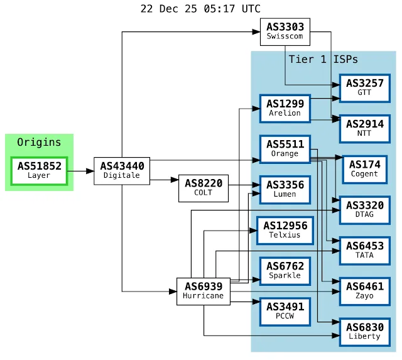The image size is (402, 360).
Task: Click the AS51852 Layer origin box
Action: click(x=39, y=171)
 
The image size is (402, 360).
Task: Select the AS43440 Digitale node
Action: click(x=122, y=170)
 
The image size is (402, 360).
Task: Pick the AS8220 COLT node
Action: click(x=203, y=187)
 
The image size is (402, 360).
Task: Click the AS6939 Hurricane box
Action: click(x=203, y=291)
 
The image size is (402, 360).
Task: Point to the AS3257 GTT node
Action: click(x=364, y=88)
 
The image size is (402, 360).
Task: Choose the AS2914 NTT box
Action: click(x=364, y=129)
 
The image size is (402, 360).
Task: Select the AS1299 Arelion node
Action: click(x=285, y=108)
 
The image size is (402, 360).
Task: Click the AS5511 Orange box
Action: click(x=285, y=149)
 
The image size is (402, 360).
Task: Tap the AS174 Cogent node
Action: click(x=364, y=169)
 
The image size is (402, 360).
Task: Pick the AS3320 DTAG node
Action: click(x=364, y=210)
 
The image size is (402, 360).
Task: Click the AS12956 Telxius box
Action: click(x=285, y=230)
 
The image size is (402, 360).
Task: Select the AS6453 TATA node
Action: click(x=364, y=251)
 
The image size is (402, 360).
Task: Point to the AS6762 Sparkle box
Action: click(x=285, y=271)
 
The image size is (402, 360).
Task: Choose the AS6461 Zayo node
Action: click(x=364, y=291)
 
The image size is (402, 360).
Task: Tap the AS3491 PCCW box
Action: click(x=285, y=311)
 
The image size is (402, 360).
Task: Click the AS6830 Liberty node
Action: click(x=364, y=332)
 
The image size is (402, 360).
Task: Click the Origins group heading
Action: click(x=39, y=142)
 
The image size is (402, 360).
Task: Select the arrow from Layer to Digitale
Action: click(x=80, y=170)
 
